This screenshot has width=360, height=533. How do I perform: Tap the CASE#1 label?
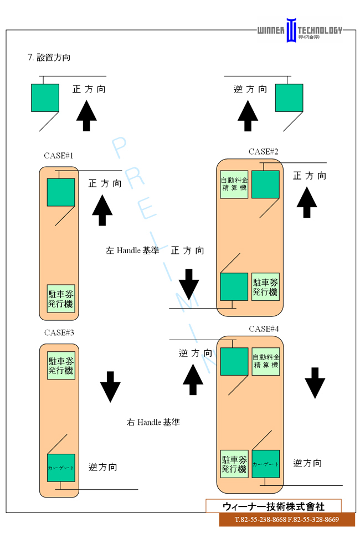point(59,156)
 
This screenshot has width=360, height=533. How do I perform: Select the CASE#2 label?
point(263,151)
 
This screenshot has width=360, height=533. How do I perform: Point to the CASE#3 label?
point(59,332)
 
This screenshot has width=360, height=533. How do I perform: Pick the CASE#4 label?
point(264,329)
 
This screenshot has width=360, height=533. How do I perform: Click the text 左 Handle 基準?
point(132,250)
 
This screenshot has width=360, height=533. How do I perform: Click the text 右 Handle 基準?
point(153,422)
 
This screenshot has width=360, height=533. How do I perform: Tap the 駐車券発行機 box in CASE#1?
point(61,298)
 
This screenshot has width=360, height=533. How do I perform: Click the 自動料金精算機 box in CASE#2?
point(234,184)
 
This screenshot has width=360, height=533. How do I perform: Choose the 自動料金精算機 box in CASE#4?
point(266,361)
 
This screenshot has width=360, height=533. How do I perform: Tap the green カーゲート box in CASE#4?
point(266,463)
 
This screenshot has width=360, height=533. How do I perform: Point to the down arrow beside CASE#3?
point(110,386)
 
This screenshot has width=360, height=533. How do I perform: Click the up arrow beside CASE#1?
point(102,211)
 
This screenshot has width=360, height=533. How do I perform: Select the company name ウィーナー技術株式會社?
point(274,506)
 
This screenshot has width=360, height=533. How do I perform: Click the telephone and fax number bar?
point(286,520)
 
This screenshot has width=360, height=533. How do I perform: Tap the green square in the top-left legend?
point(45,98)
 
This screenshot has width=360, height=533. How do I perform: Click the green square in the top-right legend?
point(289,98)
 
